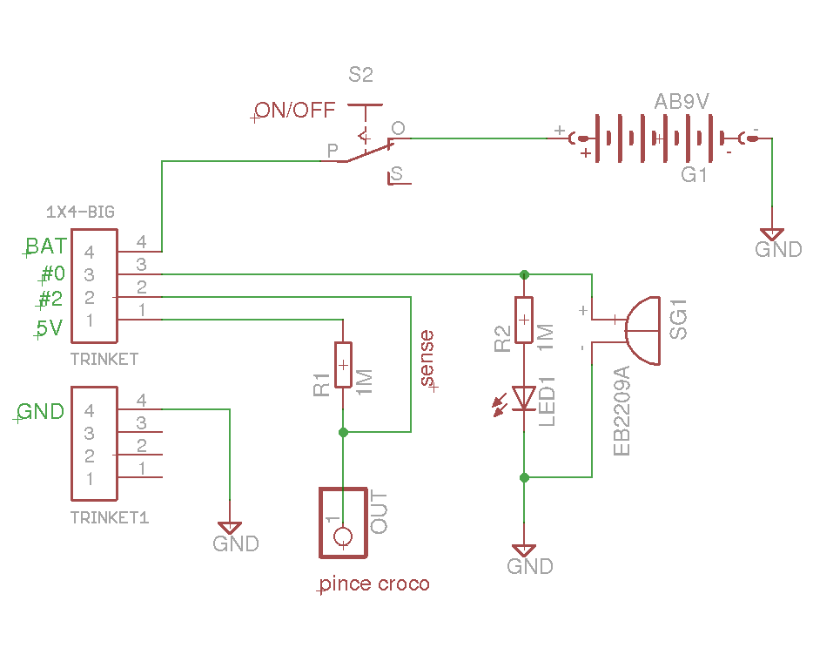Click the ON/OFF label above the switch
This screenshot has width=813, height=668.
coord(295,111)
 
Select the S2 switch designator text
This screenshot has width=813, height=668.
coord(360,76)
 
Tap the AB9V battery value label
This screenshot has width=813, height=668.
coord(682,102)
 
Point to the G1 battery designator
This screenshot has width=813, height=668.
coord(694,175)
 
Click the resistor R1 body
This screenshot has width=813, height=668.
coord(343,365)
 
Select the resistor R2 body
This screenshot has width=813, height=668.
coord(524,320)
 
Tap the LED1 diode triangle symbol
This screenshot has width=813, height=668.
coord(524,398)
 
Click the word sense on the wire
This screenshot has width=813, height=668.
coord(426,358)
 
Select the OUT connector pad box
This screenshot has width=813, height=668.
coord(343,523)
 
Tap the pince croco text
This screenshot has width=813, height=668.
coord(375,584)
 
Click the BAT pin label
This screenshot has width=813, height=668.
coord(45,246)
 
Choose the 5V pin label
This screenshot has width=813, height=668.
coord(49,329)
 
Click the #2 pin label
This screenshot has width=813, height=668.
coord(50,299)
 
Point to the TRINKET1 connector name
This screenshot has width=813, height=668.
coord(110,517)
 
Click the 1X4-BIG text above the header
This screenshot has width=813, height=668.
coord(79,212)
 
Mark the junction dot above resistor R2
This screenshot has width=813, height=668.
coord(524,274)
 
